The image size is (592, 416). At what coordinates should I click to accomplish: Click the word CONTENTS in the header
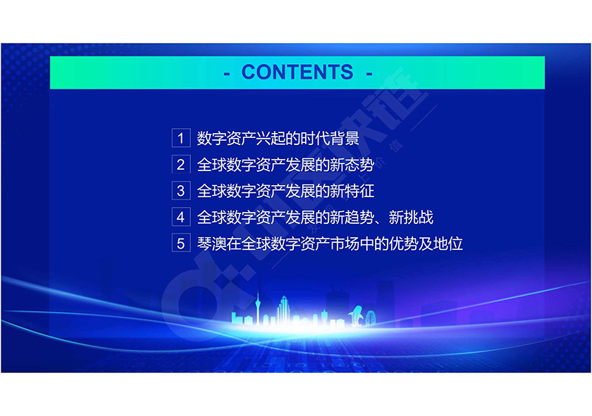[x=297, y=72]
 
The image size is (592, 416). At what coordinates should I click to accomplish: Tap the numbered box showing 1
[x=181, y=138]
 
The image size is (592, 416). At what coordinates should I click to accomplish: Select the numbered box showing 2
[x=181, y=165]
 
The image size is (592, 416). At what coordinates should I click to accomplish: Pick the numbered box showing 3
[x=181, y=191]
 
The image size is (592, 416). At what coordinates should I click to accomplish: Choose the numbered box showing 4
[x=181, y=217]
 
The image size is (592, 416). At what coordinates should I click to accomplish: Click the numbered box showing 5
[x=181, y=244]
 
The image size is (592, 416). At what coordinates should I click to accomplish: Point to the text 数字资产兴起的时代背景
[x=278, y=139]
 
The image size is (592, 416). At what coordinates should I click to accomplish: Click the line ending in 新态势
[x=285, y=165]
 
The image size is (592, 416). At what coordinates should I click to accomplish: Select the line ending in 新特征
[x=285, y=191]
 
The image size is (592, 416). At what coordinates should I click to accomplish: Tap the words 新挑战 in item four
[x=411, y=218]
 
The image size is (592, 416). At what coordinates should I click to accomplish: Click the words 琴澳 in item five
[x=211, y=244]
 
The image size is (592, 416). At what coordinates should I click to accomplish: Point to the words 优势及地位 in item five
[x=426, y=244]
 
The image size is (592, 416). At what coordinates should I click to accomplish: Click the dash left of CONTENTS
[x=226, y=73]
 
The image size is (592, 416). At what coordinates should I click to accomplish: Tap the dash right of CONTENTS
[x=369, y=73]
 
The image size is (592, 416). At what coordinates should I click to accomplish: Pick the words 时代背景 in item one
[x=330, y=139]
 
